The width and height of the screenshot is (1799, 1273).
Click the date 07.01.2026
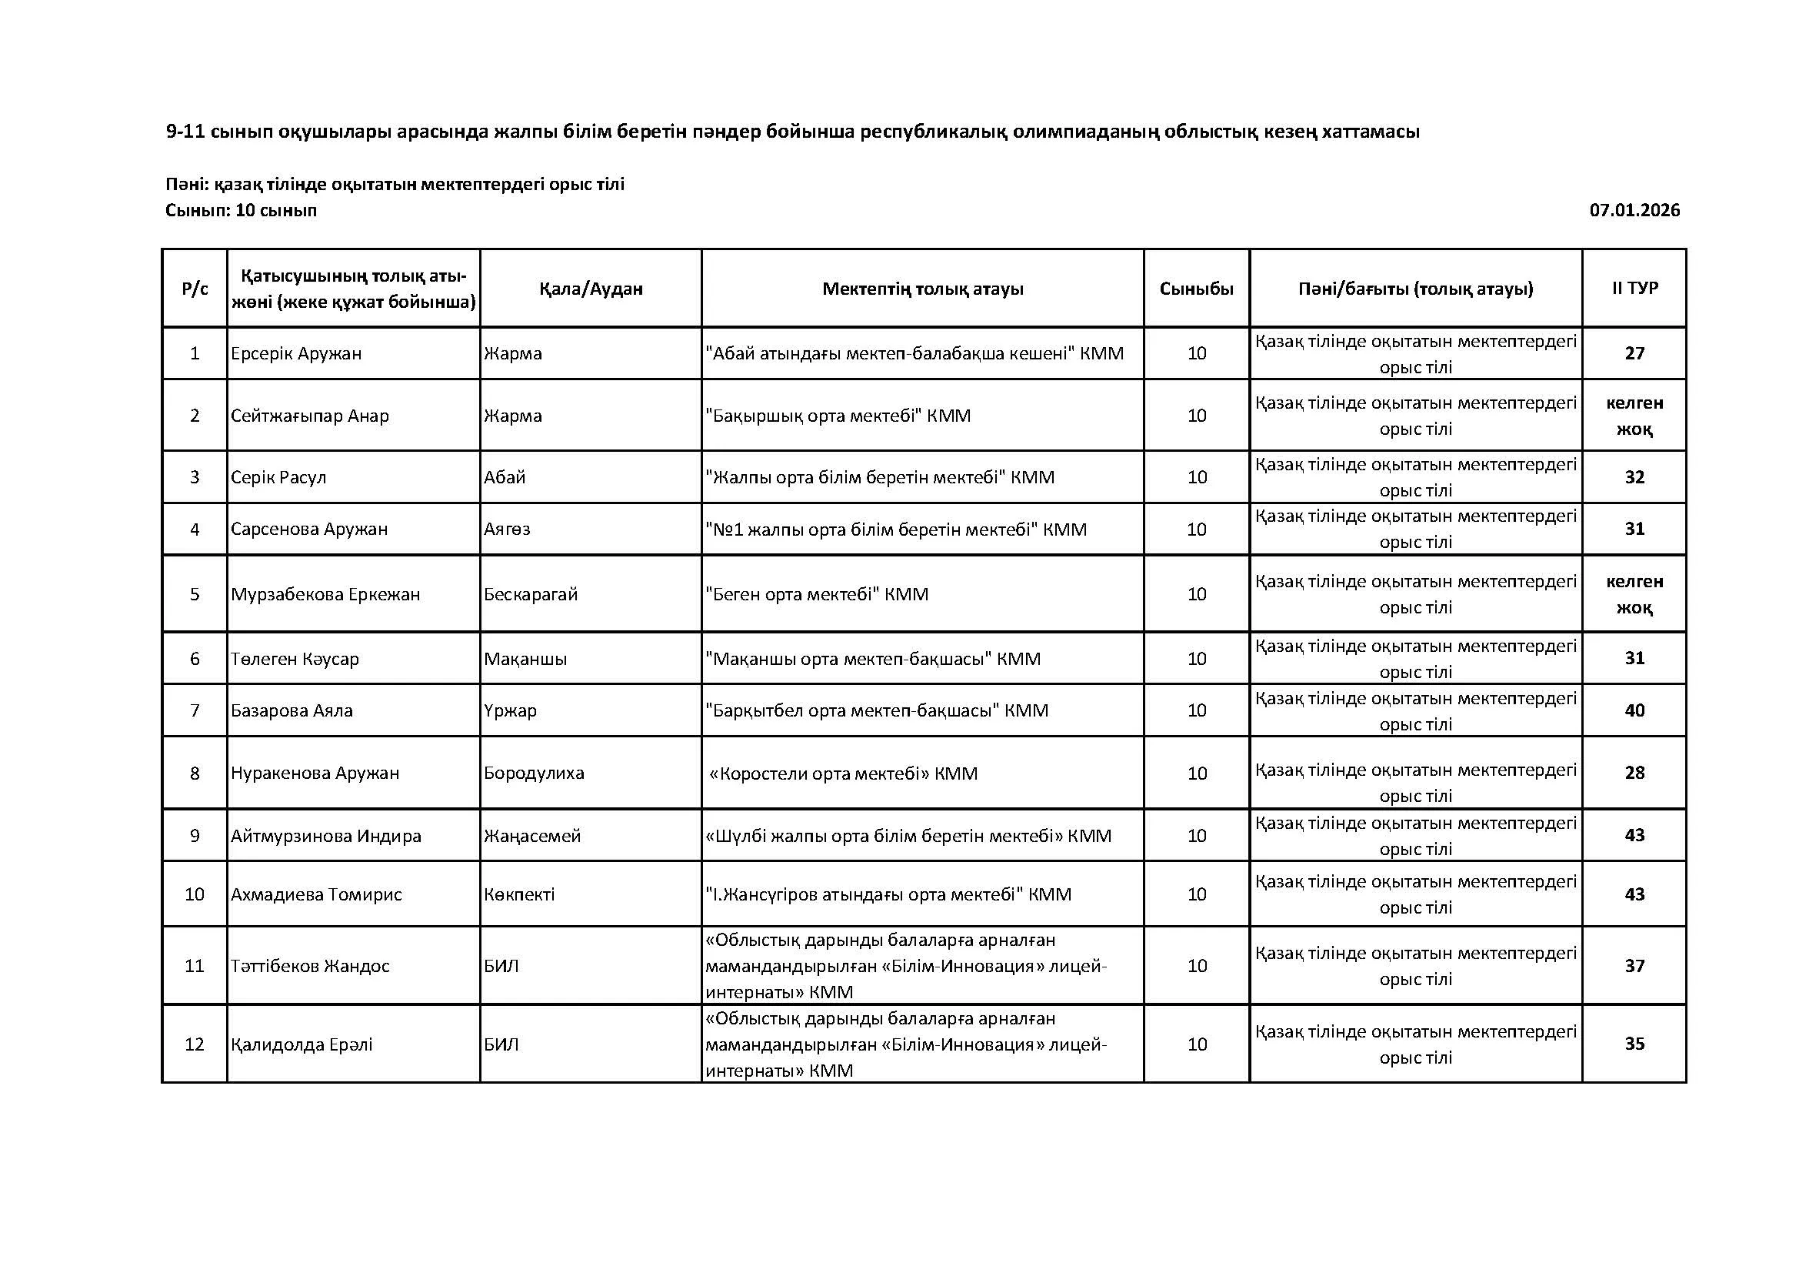tap(1634, 210)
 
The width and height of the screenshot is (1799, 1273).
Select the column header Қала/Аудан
tap(591, 289)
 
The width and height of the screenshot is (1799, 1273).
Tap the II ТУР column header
tap(1634, 288)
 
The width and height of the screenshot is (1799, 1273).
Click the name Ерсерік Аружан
tap(296, 353)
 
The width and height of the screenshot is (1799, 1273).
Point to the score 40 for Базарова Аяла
tap(1634, 710)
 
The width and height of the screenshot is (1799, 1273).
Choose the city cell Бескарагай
tap(531, 594)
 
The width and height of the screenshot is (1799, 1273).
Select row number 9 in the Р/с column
tap(195, 836)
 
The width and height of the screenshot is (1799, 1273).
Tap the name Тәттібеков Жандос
tap(309, 966)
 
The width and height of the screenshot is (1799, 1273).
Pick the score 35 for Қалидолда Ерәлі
tap(1634, 1044)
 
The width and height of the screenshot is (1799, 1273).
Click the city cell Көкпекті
tap(518, 894)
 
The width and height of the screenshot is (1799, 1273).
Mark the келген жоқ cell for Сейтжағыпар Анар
tap(1634, 416)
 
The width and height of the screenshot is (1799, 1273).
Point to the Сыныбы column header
tap(1197, 289)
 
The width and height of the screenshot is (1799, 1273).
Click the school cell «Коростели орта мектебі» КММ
tap(843, 773)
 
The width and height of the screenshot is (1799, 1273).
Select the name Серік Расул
tap(278, 477)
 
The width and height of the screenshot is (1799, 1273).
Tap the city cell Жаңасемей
tap(532, 836)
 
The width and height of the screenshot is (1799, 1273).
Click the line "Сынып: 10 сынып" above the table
tap(242, 210)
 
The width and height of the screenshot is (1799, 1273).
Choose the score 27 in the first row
tap(1634, 353)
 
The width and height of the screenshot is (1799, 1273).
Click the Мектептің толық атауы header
tap(922, 289)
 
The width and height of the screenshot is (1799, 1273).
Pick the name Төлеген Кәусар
tap(295, 659)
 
